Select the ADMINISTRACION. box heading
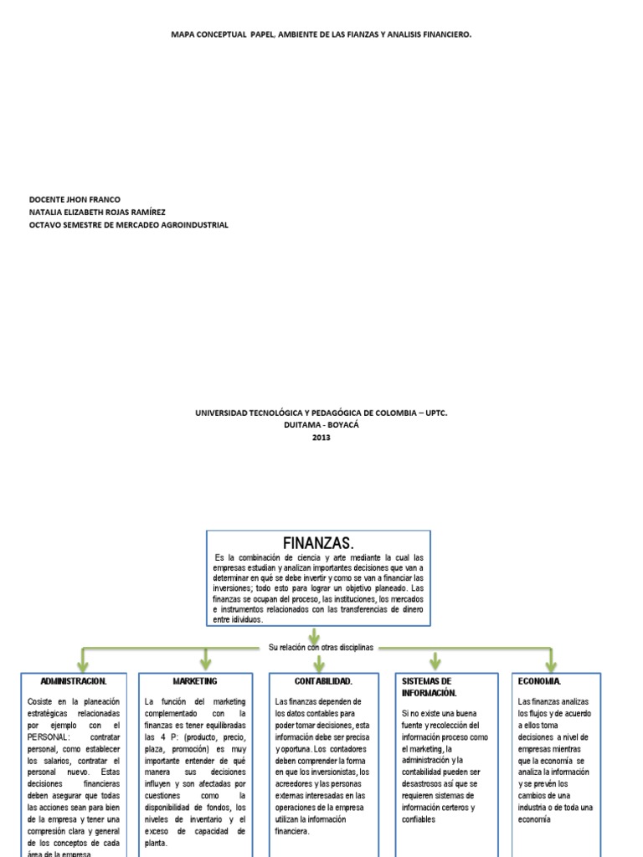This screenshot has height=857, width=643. (x=74, y=681)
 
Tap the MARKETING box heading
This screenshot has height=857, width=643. (x=195, y=681)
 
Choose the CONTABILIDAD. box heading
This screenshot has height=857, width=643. (x=323, y=681)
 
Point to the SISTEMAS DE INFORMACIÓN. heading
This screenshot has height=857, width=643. (x=427, y=687)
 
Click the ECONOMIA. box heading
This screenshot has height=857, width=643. (x=540, y=681)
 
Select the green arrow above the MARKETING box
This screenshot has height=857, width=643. (x=205, y=660)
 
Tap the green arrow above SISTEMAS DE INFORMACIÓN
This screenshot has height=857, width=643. (x=435, y=660)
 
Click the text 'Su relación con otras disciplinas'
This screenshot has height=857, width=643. (x=321, y=648)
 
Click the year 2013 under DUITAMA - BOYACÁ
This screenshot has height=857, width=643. (x=321, y=437)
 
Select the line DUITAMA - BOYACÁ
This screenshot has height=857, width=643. (x=321, y=425)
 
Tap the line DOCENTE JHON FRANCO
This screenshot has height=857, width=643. (x=75, y=199)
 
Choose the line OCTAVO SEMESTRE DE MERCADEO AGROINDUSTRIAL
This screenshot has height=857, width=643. (x=128, y=224)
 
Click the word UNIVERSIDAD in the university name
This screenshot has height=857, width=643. (x=223, y=413)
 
